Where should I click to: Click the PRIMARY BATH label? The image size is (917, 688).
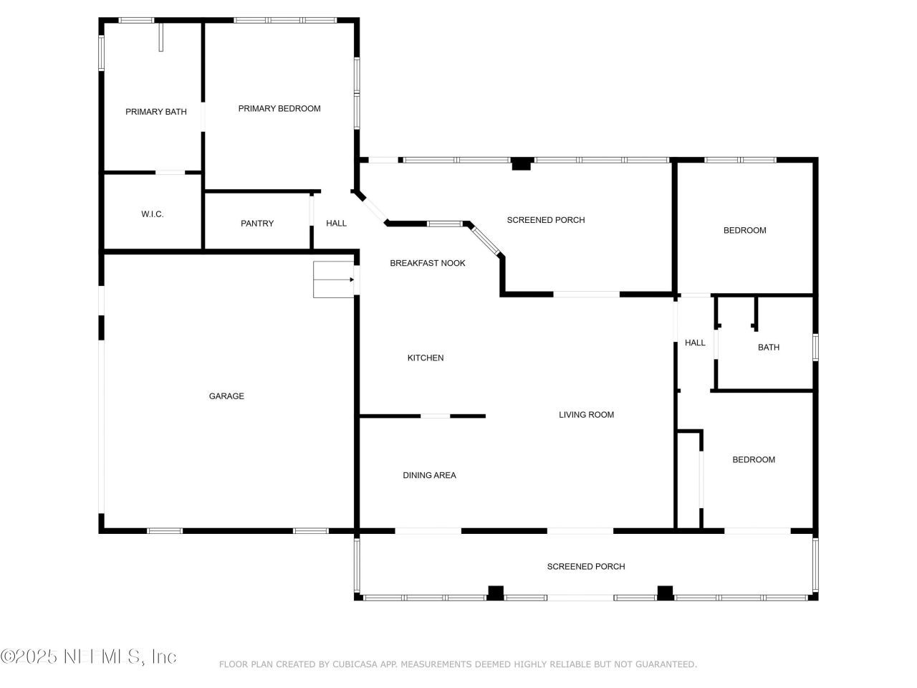click(155, 112)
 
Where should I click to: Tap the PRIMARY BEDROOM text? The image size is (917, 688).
click(279, 109)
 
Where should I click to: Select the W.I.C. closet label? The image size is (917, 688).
click(152, 214)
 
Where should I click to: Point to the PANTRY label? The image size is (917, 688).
click(256, 224)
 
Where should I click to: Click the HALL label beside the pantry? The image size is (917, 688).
click(336, 224)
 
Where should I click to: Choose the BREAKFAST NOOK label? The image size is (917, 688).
click(427, 263)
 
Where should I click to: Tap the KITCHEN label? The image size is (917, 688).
click(426, 358)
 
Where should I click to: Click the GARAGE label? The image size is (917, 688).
click(226, 396)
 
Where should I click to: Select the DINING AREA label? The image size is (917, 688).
click(429, 475)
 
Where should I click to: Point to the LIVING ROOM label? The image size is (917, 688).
click(586, 415)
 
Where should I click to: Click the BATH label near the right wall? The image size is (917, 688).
click(768, 348)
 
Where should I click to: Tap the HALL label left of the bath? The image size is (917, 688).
click(694, 343)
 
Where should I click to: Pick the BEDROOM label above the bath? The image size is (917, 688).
click(744, 231)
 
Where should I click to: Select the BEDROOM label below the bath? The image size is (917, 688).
click(753, 460)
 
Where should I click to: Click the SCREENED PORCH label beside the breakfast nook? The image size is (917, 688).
click(545, 220)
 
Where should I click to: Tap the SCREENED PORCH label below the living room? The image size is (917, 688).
click(585, 567)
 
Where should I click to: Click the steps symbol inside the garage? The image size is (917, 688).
click(333, 279)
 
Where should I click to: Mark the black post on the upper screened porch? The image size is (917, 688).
click(521, 164)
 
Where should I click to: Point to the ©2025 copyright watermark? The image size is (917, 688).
click(29, 656)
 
